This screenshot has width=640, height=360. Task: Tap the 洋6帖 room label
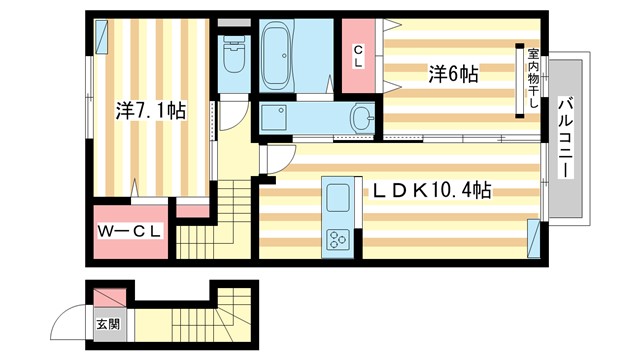[453, 73]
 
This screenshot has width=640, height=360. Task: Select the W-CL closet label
[131, 232]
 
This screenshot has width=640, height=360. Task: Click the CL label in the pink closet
[357, 57]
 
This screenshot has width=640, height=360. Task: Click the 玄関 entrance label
[106, 324]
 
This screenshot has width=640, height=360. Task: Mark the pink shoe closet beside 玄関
[109, 298]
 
